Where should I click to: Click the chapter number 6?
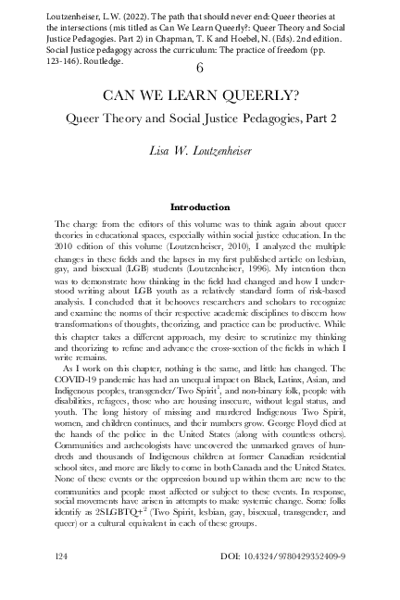[x=200, y=69]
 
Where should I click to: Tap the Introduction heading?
[x=200, y=206]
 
